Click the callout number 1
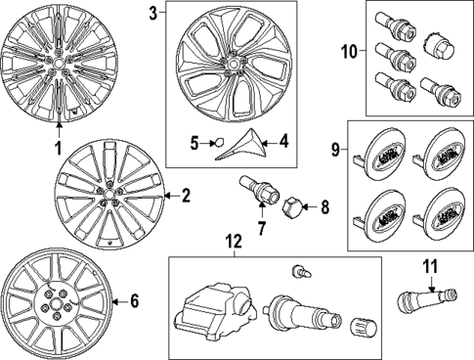57,149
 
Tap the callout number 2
185,196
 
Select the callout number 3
152,13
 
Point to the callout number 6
135,301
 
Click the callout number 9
335,150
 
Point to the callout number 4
283,142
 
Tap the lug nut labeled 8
290,207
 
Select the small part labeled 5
220,143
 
